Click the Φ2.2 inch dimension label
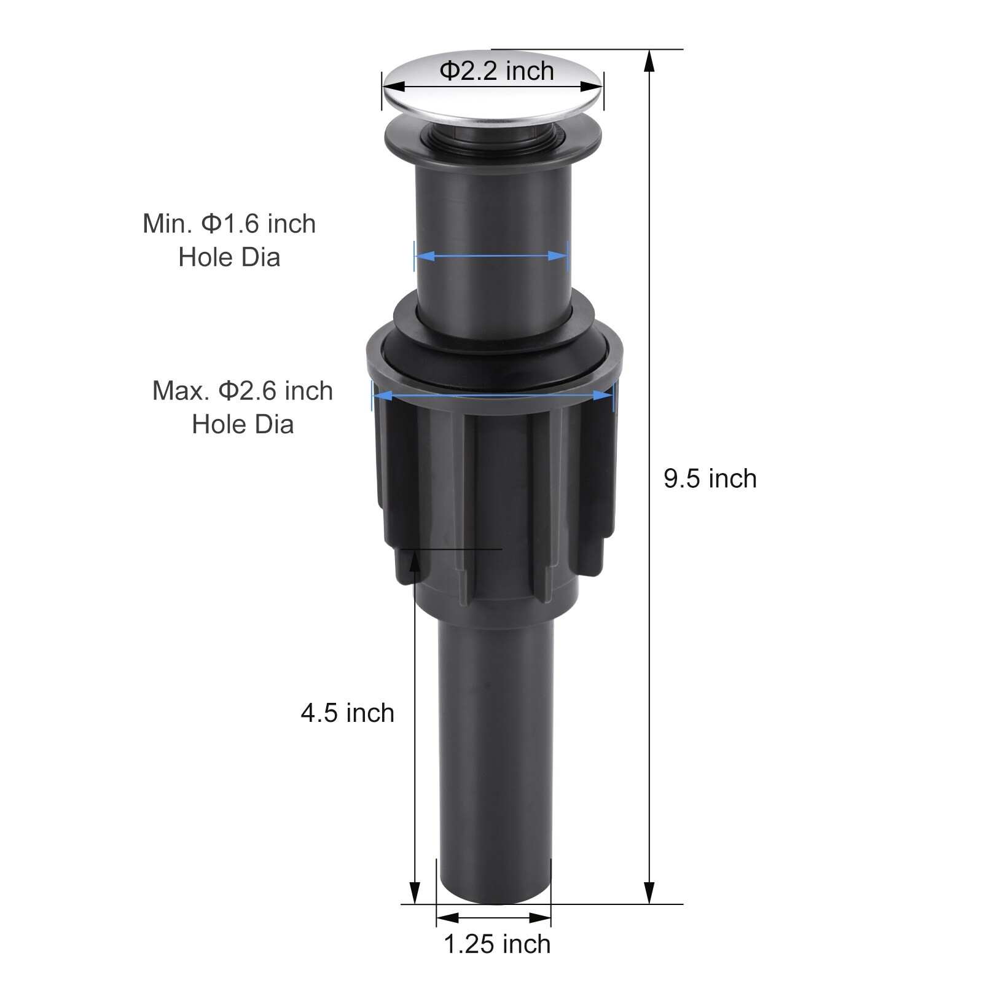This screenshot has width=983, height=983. pos(496,71)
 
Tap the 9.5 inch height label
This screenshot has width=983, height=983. pos(710,479)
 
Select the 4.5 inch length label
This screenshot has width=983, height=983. pos(348,713)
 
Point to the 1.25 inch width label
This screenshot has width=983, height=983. pos(497,944)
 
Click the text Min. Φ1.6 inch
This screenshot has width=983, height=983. pos(229,224)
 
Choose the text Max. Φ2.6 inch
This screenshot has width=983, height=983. pos(243,391)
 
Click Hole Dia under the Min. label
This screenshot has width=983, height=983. pos(229,257)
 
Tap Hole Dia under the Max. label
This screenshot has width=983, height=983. pos(243,425)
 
